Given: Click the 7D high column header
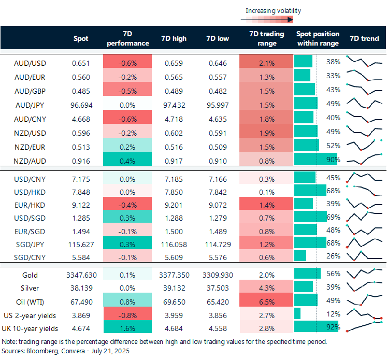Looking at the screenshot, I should point(174,39).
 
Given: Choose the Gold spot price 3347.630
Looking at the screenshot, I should point(80,275).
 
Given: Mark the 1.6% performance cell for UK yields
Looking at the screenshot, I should point(127,328).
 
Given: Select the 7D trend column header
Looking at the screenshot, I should point(365,39).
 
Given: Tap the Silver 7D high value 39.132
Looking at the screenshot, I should point(174,289).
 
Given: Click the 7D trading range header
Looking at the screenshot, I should point(266,39).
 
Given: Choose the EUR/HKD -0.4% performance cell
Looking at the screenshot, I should point(127,204).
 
